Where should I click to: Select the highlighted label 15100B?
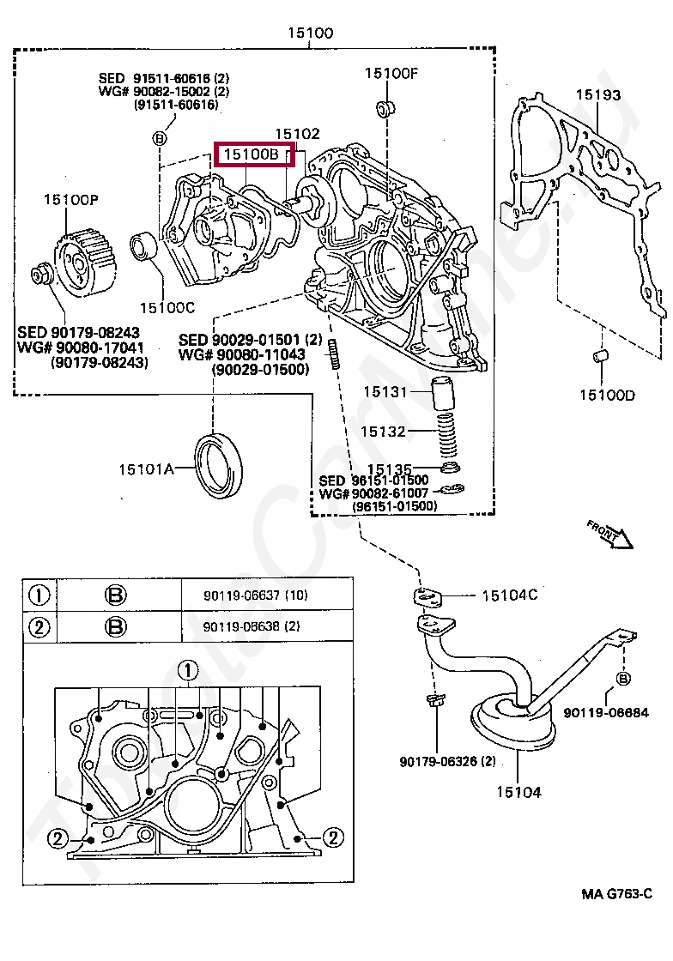[x=251, y=154]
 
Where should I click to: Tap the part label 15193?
[x=597, y=95]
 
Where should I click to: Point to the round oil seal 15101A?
[x=220, y=466]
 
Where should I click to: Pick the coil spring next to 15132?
[x=445, y=431]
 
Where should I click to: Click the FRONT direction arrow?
[x=610, y=533]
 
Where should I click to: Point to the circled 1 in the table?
[x=39, y=595]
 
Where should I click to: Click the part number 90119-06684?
[x=606, y=712]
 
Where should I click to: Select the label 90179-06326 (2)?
[x=447, y=761]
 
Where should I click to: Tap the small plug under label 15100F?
[x=386, y=109]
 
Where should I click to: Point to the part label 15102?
[x=297, y=134]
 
